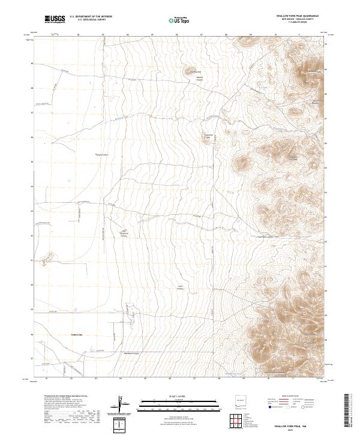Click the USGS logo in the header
(x=55, y=20)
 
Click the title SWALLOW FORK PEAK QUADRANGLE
(x=298, y=16)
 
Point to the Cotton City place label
(x=73, y=335)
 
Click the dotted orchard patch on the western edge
(x=46, y=260)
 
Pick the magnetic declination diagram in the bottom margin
(x=122, y=403)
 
